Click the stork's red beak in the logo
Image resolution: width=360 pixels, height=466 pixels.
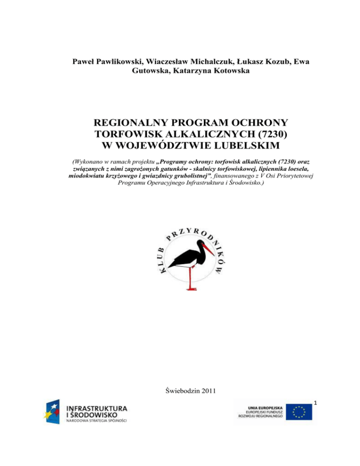click(x=209, y=248)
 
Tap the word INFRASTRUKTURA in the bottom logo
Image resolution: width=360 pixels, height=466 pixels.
click(x=96, y=407)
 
